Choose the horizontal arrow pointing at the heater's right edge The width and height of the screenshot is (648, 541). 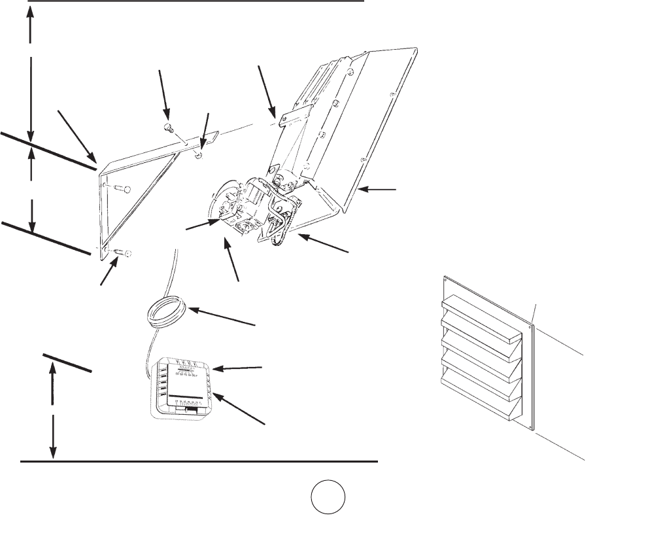[x=379, y=189]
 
